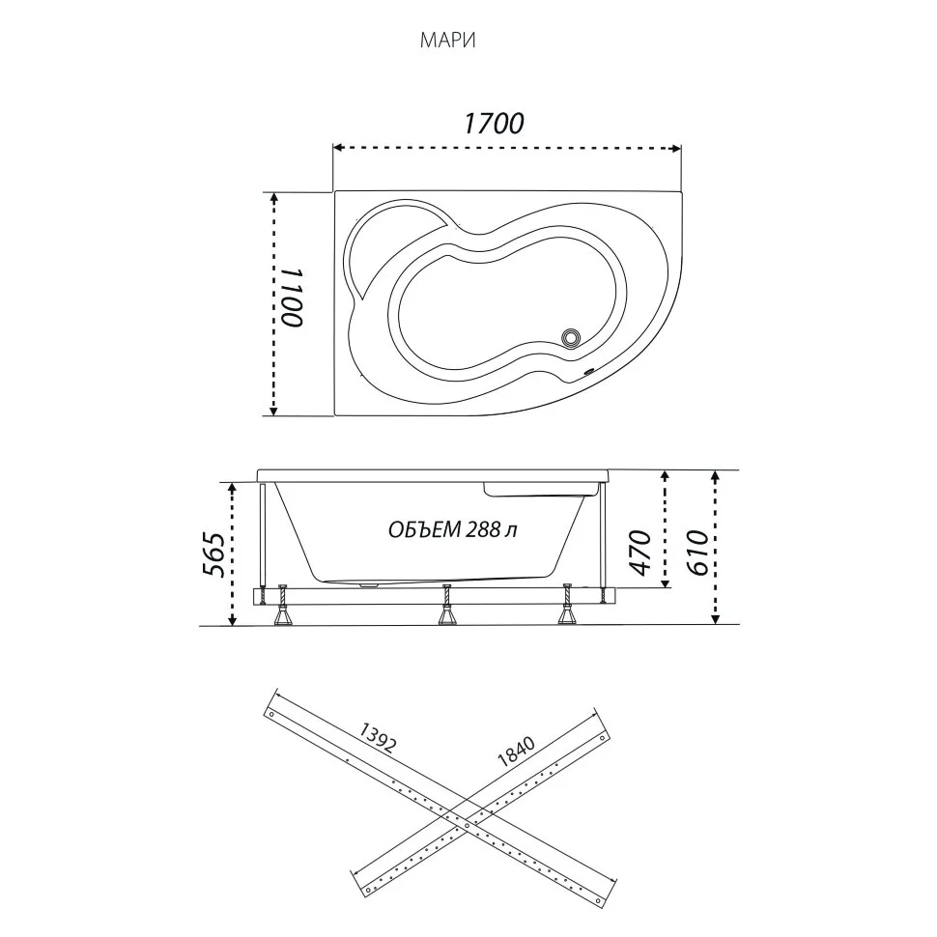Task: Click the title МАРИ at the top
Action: tap(447, 41)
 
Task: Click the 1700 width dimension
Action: tap(494, 124)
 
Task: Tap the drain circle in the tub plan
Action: tap(572, 338)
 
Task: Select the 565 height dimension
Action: tap(214, 554)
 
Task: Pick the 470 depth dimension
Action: tap(641, 552)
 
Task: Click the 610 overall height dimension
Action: tap(698, 552)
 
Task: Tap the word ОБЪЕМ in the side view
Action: tap(424, 529)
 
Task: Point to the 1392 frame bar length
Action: tap(377, 738)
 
